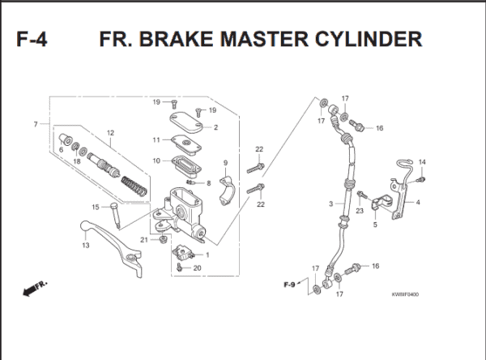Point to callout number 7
click(x=36, y=124)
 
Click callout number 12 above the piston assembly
click(x=110, y=133)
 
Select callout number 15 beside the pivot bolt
click(x=94, y=206)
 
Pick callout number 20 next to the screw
click(x=197, y=268)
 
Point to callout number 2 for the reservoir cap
click(x=215, y=127)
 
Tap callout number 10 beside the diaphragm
click(x=155, y=161)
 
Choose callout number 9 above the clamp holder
click(x=225, y=164)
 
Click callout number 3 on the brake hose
click(x=330, y=203)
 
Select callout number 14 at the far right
click(x=421, y=162)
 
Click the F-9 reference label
click(x=288, y=285)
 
